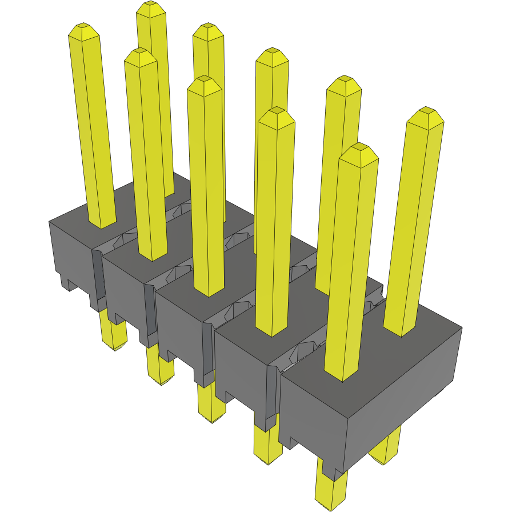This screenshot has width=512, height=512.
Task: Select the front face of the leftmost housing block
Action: pyautogui.click(x=71, y=257)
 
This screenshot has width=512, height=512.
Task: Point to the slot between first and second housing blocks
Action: pyautogui.click(x=98, y=274)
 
